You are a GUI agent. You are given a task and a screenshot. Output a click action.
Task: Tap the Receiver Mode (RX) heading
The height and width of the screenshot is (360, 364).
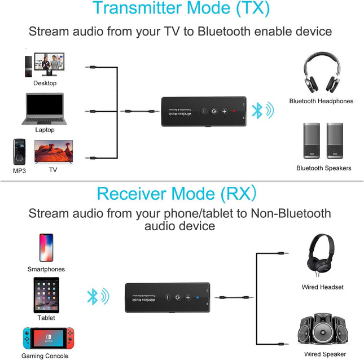[x=176, y=193]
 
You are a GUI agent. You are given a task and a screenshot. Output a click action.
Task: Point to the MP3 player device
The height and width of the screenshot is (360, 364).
[x=20, y=152]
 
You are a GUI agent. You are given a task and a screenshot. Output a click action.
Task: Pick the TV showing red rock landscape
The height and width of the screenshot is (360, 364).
[x=54, y=152]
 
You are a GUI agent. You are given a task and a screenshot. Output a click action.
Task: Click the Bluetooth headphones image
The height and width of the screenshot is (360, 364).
[x=321, y=73]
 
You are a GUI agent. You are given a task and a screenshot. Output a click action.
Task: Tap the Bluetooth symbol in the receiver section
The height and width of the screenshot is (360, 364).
[x=94, y=296]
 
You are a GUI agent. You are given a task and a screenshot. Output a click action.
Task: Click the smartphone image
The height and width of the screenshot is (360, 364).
[x=46, y=248]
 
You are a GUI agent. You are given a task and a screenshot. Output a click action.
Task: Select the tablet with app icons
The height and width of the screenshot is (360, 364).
[x=46, y=295]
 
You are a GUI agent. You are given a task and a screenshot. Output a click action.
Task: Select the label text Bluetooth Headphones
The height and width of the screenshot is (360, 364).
[x=321, y=101]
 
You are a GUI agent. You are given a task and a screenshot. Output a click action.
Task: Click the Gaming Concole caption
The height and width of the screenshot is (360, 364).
[x=45, y=355]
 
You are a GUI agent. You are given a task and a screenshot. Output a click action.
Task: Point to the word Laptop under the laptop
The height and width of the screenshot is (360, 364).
[x=45, y=130]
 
